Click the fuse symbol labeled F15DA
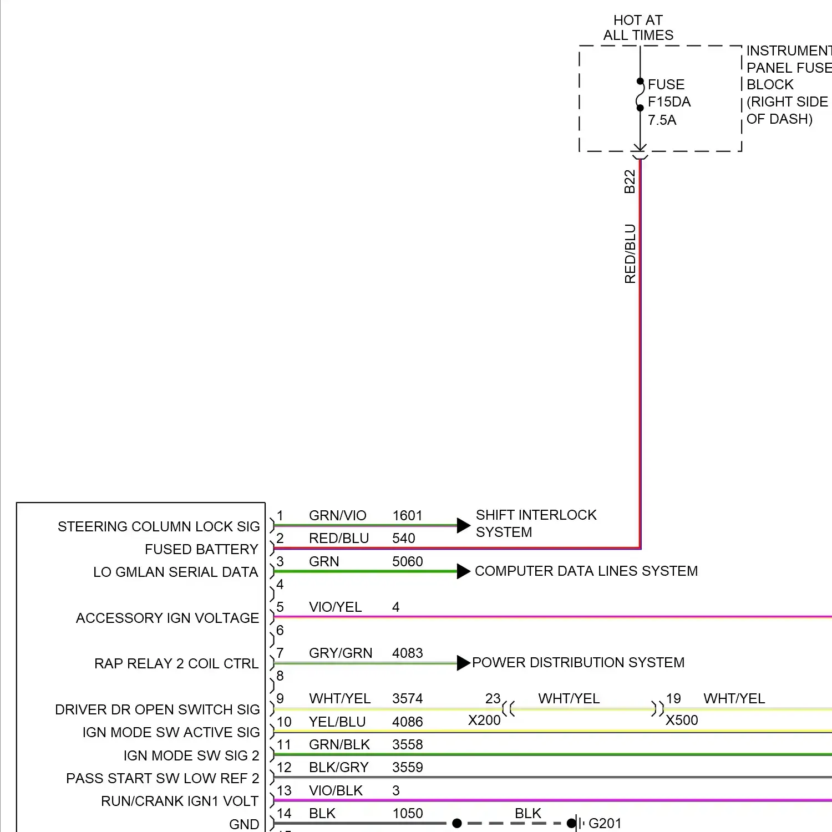640,95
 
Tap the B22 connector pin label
630,181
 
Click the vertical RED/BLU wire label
630,253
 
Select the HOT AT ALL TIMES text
638,28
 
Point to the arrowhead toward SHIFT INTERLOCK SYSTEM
463,525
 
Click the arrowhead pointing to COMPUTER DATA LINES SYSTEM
463,571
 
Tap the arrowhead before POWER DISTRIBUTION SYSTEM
463,663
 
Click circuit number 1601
407,515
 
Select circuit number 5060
407,561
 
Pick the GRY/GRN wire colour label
341,653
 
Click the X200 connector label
484,720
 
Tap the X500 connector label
682,720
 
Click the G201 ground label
605,823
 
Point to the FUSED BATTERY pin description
201,549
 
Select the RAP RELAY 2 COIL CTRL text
176,663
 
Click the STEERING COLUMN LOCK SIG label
159,526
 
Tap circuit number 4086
407,722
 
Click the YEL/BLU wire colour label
337,722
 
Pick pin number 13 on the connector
284,790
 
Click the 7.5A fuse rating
662,120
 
